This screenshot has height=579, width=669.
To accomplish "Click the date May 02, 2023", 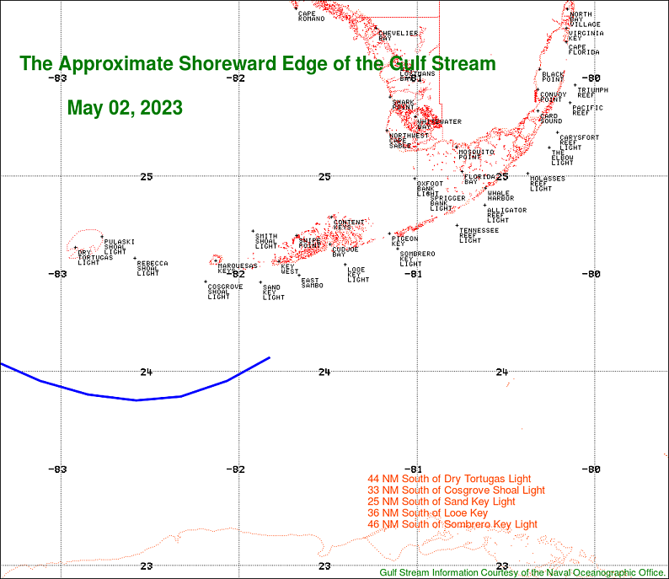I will click(125, 108).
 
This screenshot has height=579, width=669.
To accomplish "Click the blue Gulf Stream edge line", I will click(135, 399).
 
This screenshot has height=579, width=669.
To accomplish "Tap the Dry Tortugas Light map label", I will click(89, 257).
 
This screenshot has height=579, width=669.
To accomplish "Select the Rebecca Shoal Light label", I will click(152, 268).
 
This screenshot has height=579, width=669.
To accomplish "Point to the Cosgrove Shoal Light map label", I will click(224, 292).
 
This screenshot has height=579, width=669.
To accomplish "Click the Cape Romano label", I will click(311, 16).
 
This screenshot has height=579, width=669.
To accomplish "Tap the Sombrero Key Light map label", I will click(416, 258).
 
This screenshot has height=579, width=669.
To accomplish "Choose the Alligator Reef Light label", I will click(506, 215).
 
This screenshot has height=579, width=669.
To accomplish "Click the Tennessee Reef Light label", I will click(478, 235).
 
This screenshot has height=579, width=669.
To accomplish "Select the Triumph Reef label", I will click(591, 92).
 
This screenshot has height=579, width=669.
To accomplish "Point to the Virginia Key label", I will click(585, 35).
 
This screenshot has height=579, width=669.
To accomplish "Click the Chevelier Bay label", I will click(397, 35).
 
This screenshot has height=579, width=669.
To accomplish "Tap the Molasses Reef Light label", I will click(547, 183).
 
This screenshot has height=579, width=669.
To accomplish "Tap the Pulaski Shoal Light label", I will click(115, 246).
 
